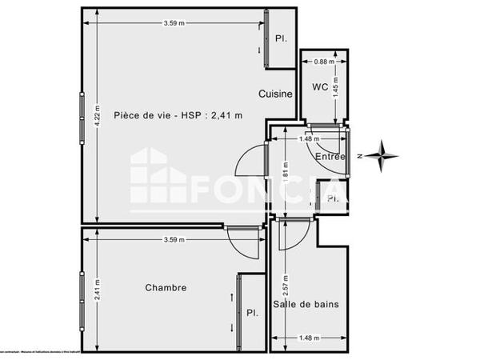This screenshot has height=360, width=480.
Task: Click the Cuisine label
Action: coord(275,94)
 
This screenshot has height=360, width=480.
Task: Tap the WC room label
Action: coord(320,86)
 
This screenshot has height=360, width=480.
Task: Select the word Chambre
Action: coord(166,288)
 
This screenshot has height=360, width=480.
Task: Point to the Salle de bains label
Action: coord(306,304)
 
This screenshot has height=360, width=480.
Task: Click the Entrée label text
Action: coord(330,157)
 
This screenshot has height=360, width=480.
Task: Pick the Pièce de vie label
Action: coord(178,114)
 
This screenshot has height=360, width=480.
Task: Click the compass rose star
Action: coord(386,154)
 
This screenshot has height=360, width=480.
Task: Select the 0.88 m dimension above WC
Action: coord(323,62)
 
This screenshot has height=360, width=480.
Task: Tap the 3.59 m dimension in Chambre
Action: coord(174,239)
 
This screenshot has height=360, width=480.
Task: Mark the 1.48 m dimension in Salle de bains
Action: coord(308,337)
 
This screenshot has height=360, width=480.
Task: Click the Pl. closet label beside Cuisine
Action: coord(281,38)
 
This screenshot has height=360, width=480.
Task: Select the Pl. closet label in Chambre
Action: coord(252,313)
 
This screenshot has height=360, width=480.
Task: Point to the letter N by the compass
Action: coord(361,156)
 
